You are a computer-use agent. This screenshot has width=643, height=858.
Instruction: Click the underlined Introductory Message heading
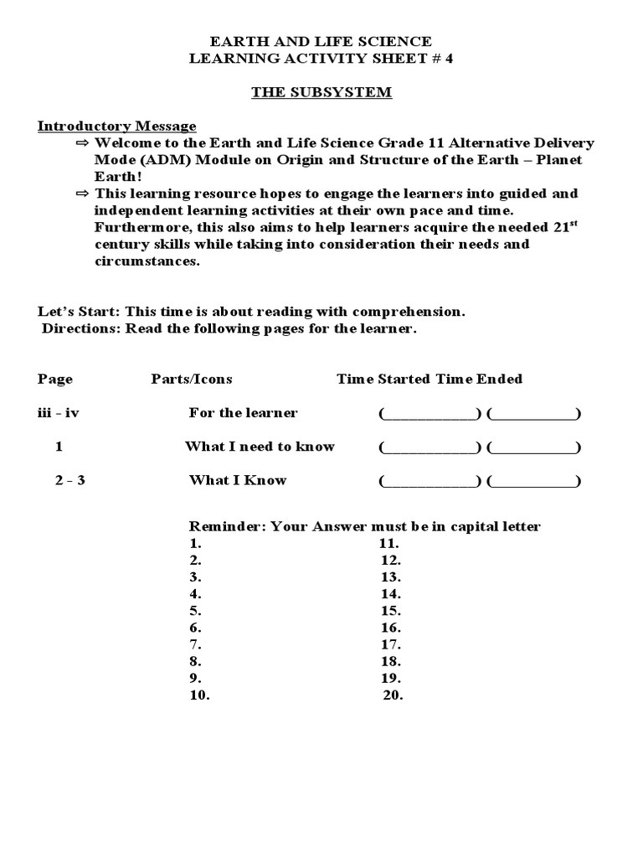117,127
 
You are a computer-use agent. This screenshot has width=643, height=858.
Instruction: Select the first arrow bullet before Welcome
81,143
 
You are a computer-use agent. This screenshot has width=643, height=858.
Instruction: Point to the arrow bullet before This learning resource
81,194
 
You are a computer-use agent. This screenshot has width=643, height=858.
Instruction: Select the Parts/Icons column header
192,379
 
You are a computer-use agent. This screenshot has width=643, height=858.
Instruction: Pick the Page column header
55,379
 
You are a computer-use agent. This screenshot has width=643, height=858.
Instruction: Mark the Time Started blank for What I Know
430,481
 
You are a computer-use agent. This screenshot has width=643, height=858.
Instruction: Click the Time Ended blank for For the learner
533,413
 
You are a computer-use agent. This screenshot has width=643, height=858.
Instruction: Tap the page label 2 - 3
60,480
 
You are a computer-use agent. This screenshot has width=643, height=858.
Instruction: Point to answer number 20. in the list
393,695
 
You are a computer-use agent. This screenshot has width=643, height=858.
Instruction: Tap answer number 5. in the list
195,611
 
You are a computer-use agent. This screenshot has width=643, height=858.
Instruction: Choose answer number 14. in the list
391,594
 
